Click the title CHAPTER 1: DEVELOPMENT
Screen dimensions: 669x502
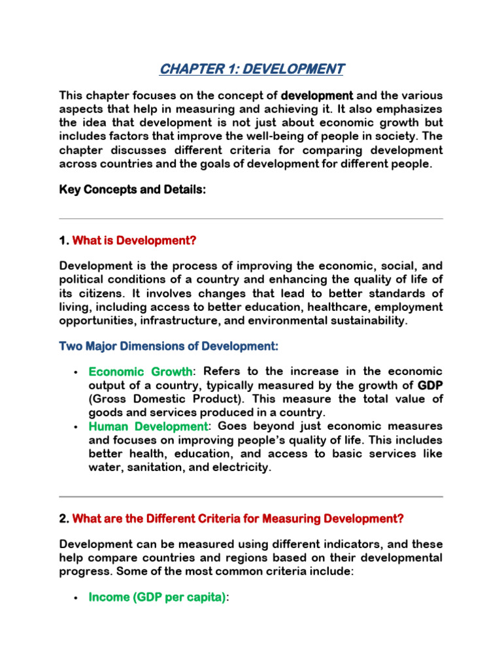point(251,68)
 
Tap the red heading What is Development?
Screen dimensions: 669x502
point(134,240)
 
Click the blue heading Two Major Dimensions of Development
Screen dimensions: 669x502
point(169,346)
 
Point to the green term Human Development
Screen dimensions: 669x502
point(148,427)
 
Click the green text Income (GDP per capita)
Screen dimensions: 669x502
point(157,598)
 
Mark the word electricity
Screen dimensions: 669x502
point(243,468)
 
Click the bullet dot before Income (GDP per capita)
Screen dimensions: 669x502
point(76,598)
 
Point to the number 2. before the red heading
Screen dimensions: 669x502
point(63,519)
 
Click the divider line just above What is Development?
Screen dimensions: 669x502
point(251,219)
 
